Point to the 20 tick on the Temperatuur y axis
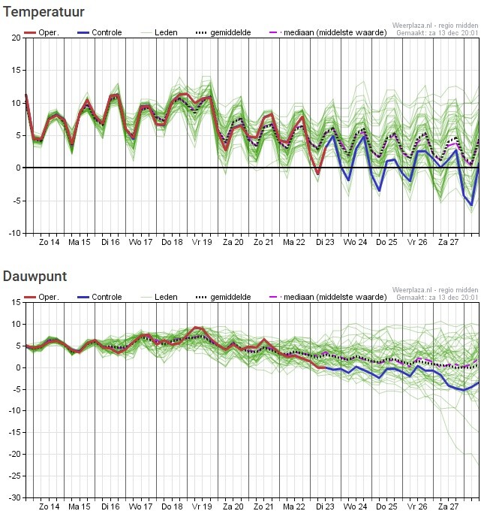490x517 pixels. point(15,38)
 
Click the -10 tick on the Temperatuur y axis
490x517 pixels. point(14,233)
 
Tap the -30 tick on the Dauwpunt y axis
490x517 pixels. point(14,497)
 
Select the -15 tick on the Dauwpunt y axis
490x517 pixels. point(14,432)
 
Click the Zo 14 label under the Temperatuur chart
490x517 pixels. point(49,242)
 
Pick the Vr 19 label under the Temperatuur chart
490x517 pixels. point(201,242)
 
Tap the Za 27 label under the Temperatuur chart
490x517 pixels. point(448,242)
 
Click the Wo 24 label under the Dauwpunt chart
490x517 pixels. point(355,506)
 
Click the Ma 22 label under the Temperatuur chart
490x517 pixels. point(293,242)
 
